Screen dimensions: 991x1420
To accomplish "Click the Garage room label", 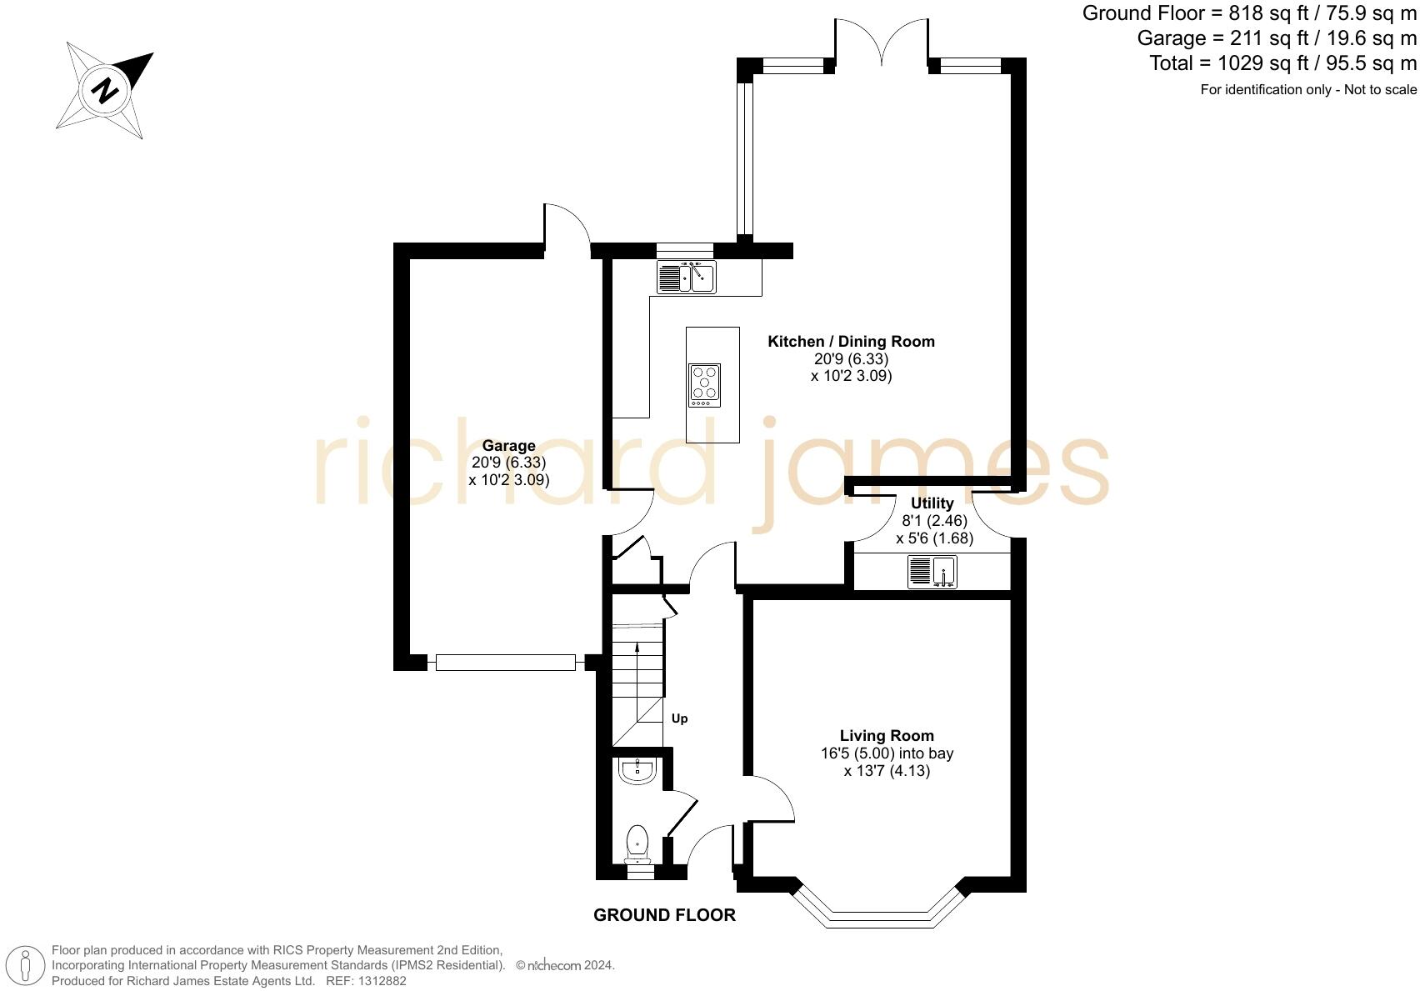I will pyautogui.click(x=508, y=446).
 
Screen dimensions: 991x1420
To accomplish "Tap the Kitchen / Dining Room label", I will pyautogui.click(x=851, y=341).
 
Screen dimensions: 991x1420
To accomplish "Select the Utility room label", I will pyautogui.click(x=932, y=503).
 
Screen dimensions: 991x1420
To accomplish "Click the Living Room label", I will pyautogui.click(x=887, y=735).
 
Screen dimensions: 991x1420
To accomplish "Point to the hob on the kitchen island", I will pyautogui.click(x=704, y=385).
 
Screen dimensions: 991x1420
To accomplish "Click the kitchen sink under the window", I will pyautogui.click(x=686, y=277).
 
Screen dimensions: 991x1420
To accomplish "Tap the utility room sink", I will pyautogui.click(x=932, y=573).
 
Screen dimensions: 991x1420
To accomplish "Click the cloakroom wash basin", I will pyautogui.click(x=639, y=770).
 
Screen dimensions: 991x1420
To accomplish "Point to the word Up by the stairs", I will pyautogui.click(x=679, y=718).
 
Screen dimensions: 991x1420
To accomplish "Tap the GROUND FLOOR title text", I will pyautogui.click(x=664, y=915).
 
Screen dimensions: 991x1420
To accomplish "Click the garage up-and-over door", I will pyautogui.click(x=505, y=663).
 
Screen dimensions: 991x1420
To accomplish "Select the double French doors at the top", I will pyautogui.click(x=882, y=42).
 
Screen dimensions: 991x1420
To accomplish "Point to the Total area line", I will pyautogui.click(x=1282, y=63).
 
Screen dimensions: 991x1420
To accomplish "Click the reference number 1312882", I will pyautogui.click(x=377, y=981).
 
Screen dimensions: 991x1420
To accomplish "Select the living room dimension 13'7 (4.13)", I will pyautogui.click(x=887, y=771).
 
